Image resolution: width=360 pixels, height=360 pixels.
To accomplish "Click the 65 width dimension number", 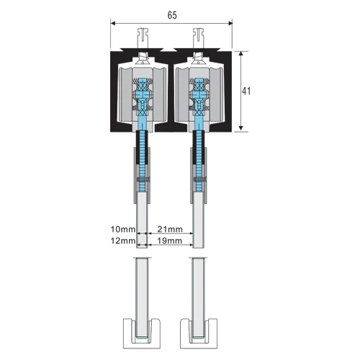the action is point(172,15).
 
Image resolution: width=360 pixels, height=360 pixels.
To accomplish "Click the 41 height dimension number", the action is point(246,91).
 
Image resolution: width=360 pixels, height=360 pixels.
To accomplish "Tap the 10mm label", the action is point(123,229).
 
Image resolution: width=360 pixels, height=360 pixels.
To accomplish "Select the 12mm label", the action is point(123,240).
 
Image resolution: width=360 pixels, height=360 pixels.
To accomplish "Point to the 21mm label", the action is point(170,229).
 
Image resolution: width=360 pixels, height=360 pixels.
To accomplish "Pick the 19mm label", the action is point(170,240).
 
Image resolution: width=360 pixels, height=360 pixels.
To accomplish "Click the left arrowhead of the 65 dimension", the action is point(113,23).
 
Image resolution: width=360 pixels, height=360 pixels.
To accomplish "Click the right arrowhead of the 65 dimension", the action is point(230,23).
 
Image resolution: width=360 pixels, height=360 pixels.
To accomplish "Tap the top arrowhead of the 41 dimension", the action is point(241,54).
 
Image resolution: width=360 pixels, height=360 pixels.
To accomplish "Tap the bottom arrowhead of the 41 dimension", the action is point(241,129).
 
